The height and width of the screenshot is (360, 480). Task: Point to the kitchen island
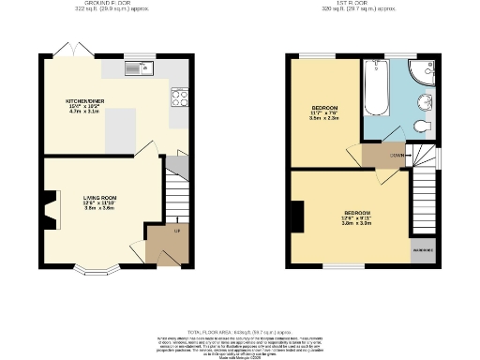pyautogui.click(x=121, y=128)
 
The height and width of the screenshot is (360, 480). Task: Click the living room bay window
pyautogui.click(x=97, y=271)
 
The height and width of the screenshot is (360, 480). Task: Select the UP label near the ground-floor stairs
pyautogui.click(x=175, y=229)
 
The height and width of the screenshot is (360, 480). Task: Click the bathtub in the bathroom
pyautogui.click(x=377, y=89)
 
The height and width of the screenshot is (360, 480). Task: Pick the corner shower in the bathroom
pyautogui.click(x=423, y=74)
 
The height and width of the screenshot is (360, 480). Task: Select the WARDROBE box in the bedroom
pyautogui.click(x=423, y=250)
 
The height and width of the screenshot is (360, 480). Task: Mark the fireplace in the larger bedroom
pyautogui.click(x=297, y=217)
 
